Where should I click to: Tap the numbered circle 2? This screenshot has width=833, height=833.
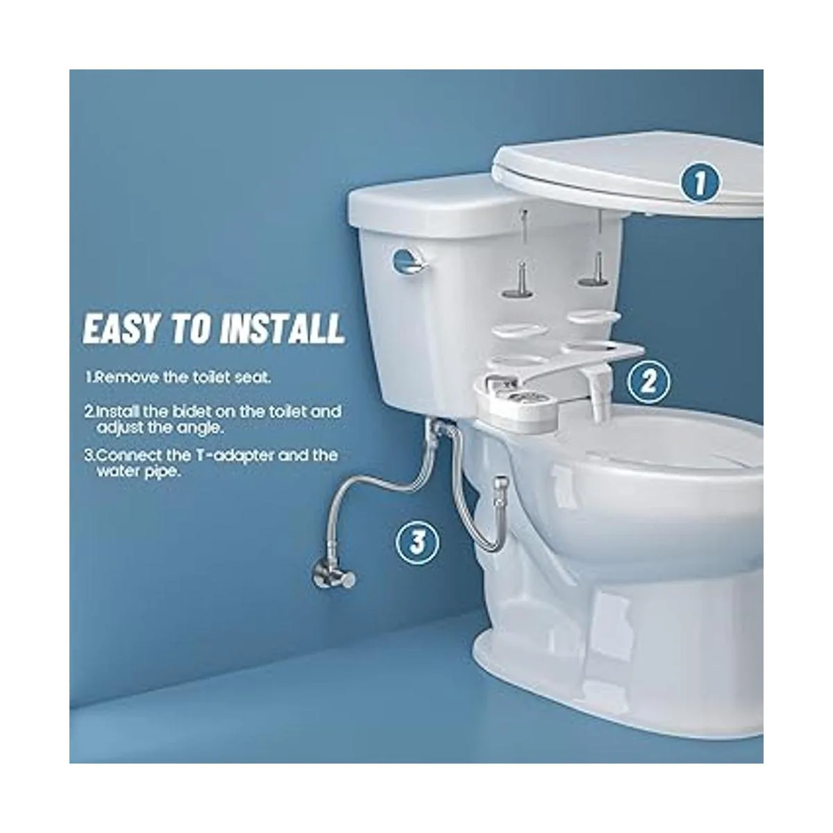click(649, 382)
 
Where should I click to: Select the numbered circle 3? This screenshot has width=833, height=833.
click(418, 543)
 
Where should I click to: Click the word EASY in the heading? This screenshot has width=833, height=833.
click(121, 329)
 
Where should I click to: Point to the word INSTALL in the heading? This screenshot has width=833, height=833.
click(283, 329)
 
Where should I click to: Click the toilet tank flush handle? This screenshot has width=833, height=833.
click(408, 262)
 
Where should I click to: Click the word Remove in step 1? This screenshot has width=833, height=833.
click(126, 378)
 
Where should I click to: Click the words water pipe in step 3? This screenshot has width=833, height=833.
click(138, 472)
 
